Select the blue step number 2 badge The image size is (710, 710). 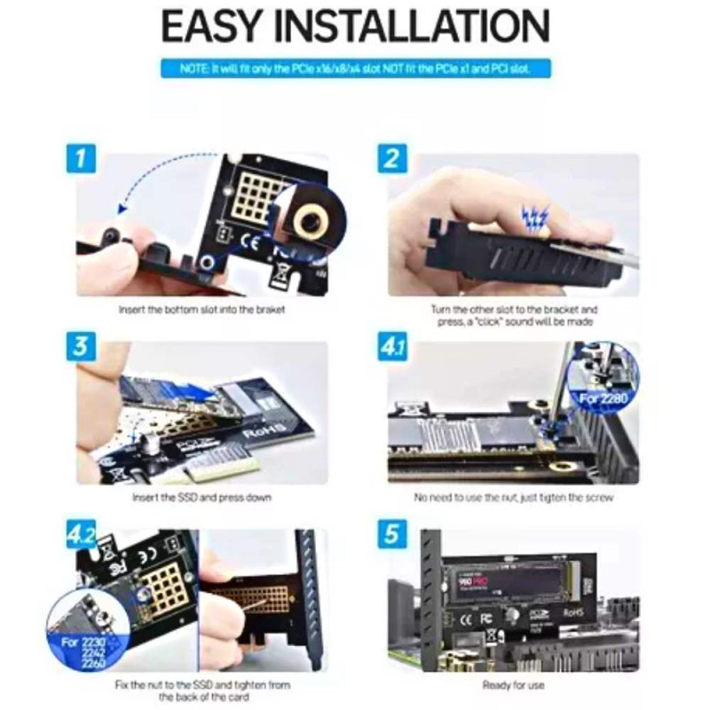(391, 160)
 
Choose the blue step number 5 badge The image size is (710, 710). (391, 535)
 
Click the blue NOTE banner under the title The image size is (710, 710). (355, 68)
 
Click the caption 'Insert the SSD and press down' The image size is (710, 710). (201, 498)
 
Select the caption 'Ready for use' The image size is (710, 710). (513, 685)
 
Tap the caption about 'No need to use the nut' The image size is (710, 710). (513, 498)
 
